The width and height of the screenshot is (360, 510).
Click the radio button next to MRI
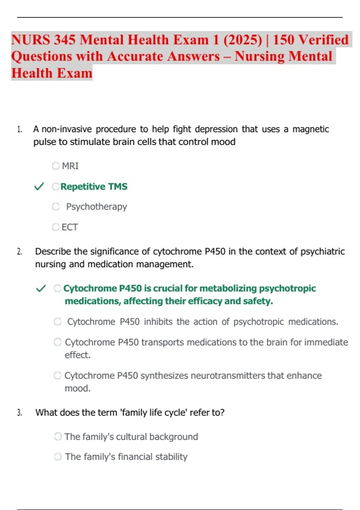[55, 166]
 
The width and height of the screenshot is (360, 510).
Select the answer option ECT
[70, 227]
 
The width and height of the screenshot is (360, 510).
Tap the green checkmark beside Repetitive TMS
[39, 186]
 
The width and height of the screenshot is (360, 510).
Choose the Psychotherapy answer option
[96, 207]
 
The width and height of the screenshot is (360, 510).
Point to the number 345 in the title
[64, 40]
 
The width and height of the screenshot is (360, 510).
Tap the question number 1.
[19, 130]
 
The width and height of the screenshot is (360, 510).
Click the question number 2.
[19, 252]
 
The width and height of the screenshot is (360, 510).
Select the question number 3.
[19, 413]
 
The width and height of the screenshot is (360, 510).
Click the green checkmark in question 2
[41, 288]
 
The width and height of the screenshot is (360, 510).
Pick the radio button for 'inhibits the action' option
[58, 322]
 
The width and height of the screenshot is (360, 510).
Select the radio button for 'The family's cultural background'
[58, 436]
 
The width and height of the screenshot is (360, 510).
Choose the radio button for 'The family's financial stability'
[58, 457]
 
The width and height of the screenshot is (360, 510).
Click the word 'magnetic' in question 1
[310, 129]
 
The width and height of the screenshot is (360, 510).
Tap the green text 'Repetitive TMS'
[94, 187]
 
